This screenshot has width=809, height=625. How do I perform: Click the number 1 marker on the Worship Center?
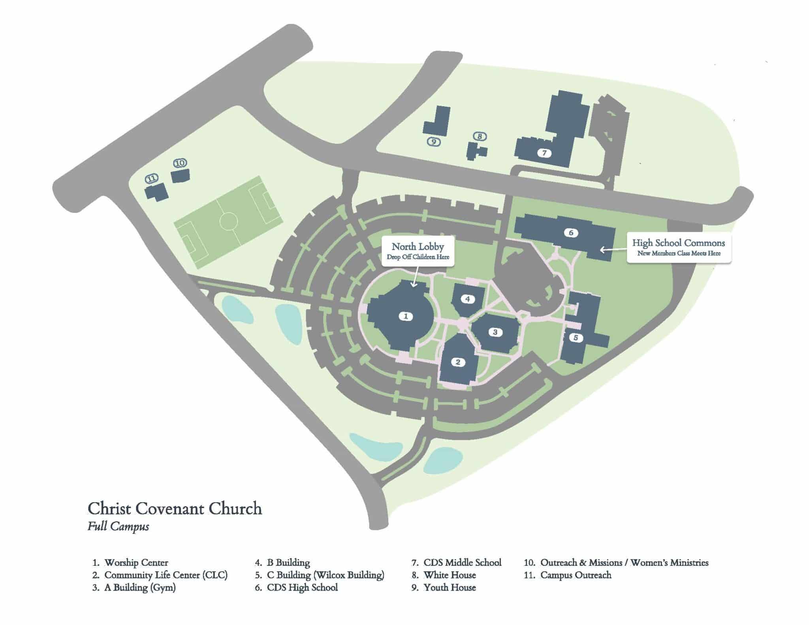406,316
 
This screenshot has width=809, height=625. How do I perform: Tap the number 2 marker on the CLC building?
458,362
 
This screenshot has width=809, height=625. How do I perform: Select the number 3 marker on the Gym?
495,332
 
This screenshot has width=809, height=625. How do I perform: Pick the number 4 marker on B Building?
468,299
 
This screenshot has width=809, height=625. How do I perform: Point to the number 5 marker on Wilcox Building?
576,338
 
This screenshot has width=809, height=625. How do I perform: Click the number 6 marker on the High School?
571,233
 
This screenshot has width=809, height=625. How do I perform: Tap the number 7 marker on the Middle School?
544,153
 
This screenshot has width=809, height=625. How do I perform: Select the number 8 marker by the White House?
480,137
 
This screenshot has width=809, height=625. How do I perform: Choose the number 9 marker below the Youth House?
434,142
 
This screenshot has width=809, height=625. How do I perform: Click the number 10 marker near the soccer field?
180,163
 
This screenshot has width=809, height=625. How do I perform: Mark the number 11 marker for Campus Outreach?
151,179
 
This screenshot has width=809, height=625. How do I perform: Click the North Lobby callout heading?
418,247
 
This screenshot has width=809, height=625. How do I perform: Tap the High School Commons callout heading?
678,243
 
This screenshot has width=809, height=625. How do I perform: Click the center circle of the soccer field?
229,221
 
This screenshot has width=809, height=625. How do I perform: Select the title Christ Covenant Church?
175,509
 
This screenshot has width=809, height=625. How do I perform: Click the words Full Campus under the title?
118,527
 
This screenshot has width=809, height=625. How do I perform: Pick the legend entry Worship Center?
136,563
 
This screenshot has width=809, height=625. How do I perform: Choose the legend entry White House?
450,575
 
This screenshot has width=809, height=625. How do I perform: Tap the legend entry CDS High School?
302,588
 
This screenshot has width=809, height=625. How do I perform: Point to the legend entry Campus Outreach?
576,575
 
